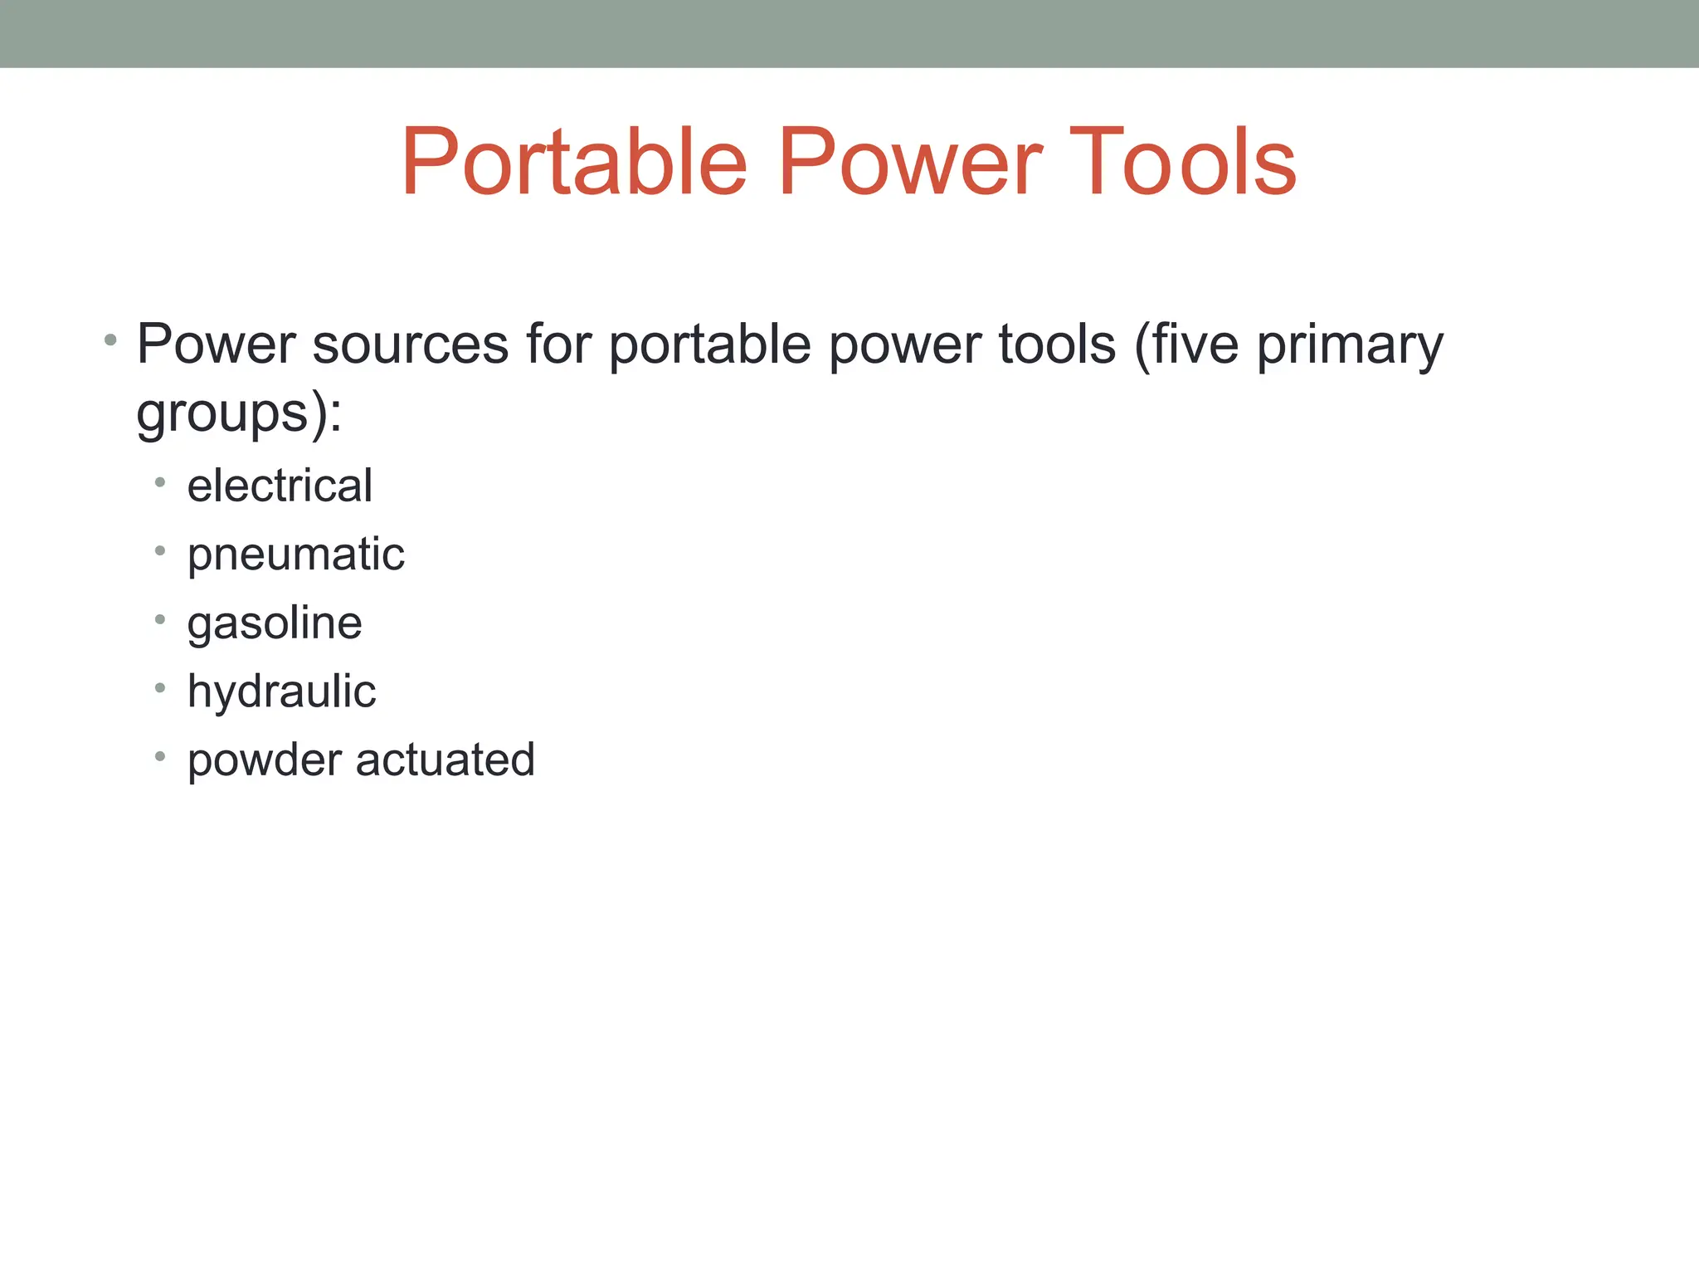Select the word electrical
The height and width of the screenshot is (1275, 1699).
tap(280, 486)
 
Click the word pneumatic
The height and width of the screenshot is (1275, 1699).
tap(295, 555)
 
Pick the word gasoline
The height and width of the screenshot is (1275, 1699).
tap(275, 623)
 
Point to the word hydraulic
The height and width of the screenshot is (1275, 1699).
tap(281, 692)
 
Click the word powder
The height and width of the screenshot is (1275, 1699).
tap(265, 760)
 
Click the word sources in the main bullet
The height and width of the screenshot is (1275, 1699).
tap(410, 344)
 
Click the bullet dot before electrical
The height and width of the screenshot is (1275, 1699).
tap(160, 482)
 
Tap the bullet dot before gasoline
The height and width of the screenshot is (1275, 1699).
tap(160, 619)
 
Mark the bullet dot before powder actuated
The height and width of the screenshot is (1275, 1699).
tap(160, 756)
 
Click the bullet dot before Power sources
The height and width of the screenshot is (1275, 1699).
tap(110, 340)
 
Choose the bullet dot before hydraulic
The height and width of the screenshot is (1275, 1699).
tap(160, 687)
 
